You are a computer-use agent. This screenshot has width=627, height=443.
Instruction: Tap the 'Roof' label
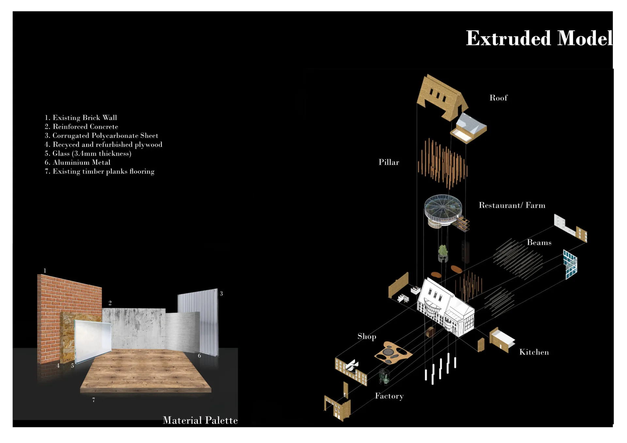[498, 98]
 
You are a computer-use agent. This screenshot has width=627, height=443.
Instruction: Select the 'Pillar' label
[388, 162]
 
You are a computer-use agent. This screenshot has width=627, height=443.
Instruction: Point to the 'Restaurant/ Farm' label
[511, 205]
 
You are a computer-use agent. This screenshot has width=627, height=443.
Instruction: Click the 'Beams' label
[539, 243]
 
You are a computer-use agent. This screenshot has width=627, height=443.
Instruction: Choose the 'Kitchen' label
[534, 352]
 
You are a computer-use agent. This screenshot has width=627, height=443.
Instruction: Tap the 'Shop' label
[366, 337]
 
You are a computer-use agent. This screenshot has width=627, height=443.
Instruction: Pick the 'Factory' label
[389, 396]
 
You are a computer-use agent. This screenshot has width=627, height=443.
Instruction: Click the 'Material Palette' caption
[200, 420]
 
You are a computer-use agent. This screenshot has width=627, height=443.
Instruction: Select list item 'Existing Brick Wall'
[81, 118]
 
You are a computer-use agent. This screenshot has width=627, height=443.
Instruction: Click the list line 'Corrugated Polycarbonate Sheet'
[101, 135]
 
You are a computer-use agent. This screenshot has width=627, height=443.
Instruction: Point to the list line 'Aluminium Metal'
[77, 162]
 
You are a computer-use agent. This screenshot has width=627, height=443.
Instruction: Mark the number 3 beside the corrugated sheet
[221, 293]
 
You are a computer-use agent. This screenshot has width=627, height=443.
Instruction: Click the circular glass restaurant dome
[443, 207]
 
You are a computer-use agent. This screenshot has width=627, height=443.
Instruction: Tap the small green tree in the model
[443, 251]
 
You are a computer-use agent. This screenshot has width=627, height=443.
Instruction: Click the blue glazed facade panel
[570, 264]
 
